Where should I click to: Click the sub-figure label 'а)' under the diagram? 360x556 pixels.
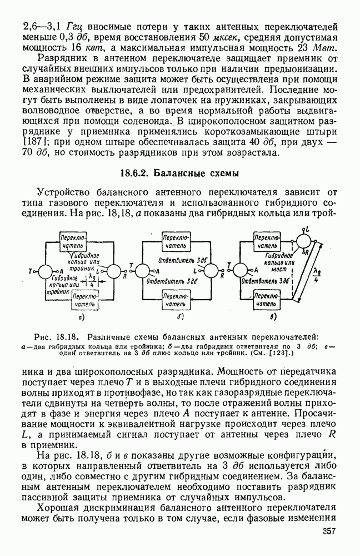click(x=81, y=317)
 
